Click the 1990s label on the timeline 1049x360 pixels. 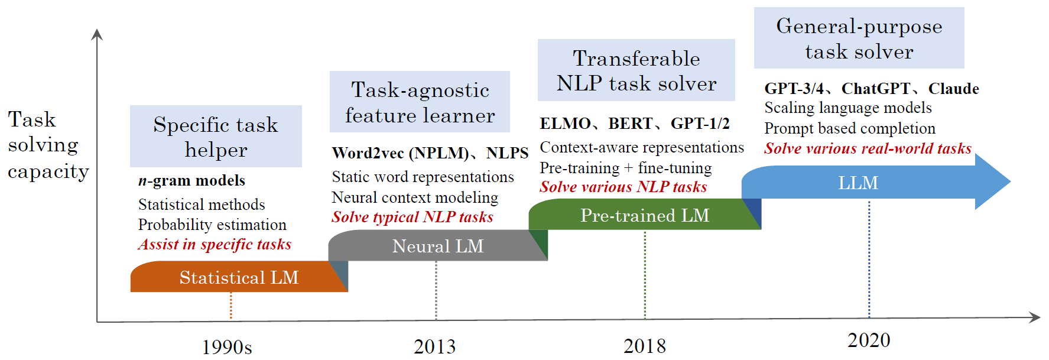coord(227,346)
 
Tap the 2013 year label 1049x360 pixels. coord(434,346)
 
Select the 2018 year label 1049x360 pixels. coord(644,346)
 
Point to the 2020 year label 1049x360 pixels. coord(869,340)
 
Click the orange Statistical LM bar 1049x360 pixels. coord(239,277)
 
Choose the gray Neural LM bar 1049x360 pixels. coord(438,245)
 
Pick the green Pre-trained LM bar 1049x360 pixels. coord(645,215)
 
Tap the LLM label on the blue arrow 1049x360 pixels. coord(858,183)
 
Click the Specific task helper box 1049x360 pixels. coord(216,136)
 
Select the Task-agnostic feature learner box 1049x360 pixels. coord(420,102)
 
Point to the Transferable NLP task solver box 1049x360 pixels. coord(636,70)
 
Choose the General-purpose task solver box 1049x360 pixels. coord(859,38)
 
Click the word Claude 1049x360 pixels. coord(953,89)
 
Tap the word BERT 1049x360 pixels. coord(630,124)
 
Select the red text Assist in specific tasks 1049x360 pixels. coord(215,244)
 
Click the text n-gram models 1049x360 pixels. coord(191,180)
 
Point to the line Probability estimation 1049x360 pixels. coord(212,225)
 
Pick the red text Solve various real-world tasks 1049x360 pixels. coord(868,148)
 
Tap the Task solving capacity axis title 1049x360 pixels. coord(48,145)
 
